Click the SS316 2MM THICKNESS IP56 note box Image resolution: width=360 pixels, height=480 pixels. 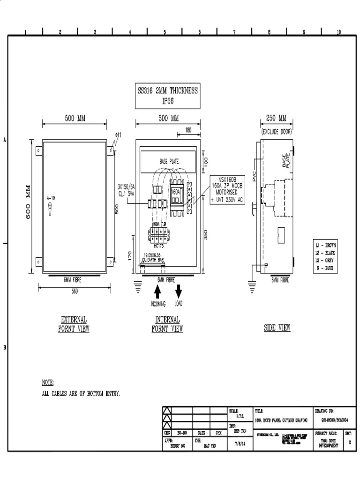point(167,96)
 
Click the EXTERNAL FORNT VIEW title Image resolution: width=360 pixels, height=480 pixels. point(74,324)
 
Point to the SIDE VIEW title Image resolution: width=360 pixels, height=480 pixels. point(277,328)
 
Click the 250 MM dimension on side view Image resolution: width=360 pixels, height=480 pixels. point(276,118)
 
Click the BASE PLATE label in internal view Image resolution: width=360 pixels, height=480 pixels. point(169,161)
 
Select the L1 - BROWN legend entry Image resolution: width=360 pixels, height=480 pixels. point(325,246)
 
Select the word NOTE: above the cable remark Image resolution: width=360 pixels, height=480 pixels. point(48,382)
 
